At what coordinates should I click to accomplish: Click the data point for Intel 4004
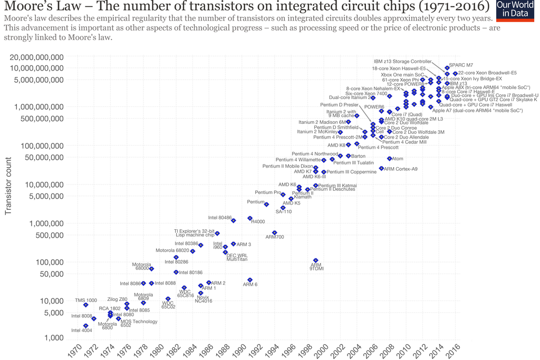86,326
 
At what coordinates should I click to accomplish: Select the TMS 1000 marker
86,305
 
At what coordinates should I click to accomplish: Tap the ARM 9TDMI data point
316,260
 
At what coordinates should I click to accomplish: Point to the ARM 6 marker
250,280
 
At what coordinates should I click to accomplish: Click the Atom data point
389,159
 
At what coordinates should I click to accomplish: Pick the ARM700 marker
274,232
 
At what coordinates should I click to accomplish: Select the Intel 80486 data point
234,220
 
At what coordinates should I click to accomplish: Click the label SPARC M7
461,65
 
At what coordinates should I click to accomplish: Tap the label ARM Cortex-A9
401,169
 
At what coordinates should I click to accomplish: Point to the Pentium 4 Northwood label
315,154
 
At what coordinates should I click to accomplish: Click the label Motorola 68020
172,250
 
